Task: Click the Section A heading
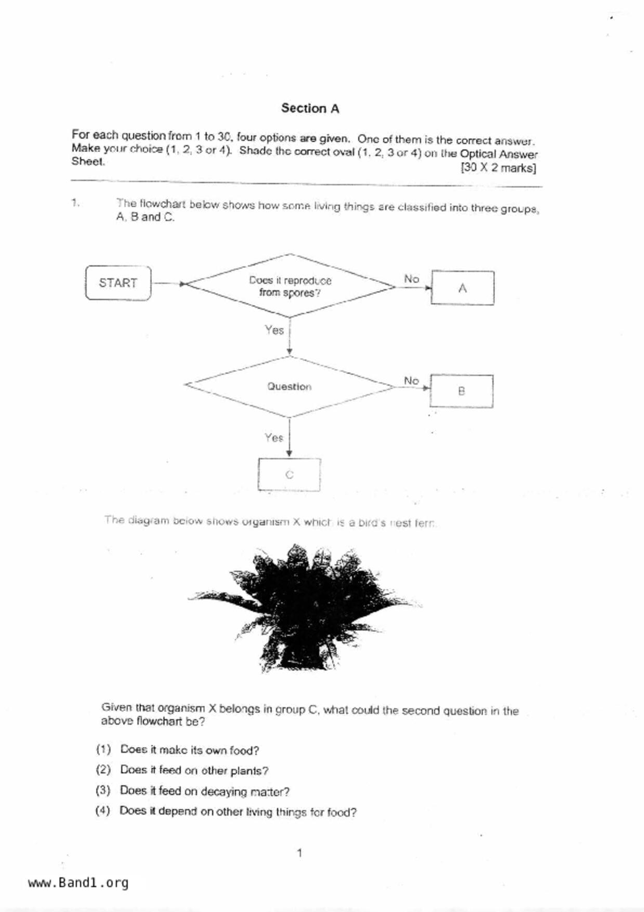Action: click(x=310, y=108)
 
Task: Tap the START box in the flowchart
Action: click(x=118, y=283)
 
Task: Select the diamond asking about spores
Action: click(x=290, y=286)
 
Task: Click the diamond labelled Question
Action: click(x=290, y=386)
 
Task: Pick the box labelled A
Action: click(x=462, y=288)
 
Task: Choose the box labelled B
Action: click(x=461, y=391)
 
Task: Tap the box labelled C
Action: click(x=289, y=474)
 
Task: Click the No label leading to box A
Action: click(x=411, y=279)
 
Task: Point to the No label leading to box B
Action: click(x=411, y=381)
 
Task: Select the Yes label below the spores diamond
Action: click(x=274, y=330)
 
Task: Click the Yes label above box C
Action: click(x=273, y=437)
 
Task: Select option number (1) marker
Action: click(x=103, y=749)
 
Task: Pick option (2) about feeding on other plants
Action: click(x=194, y=770)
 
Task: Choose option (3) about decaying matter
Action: click(x=204, y=791)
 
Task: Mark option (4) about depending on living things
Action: click(x=238, y=812)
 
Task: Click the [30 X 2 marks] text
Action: click(x=498, y=168)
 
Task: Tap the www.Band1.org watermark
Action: click(x=78, y=882)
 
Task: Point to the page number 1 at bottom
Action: click(x=299, y=853)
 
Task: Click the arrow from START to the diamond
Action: click(x=168, y=283)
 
